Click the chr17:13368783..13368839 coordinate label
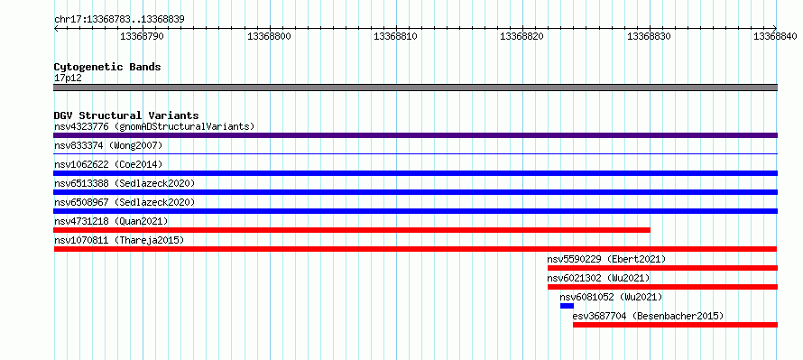(119, 20)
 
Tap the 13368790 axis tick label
(142, 36)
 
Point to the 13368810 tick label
(395, 36)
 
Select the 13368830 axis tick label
(649, 36)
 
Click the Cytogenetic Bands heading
(107, 67)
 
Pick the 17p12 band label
(68, 78)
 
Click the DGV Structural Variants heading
(126, 115)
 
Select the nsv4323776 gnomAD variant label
(154, 126)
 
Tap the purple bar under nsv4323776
(415, 135)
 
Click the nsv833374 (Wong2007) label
(108, 146)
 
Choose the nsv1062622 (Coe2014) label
(108, 164)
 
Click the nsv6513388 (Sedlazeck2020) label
(125, 183)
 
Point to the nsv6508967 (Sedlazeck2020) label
(125, 202)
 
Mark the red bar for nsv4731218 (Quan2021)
(352, 230)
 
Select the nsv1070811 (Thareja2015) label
(119, 240)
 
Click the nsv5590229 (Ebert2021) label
(607, 259)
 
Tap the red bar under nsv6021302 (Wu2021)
(662, 287)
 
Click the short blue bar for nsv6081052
(567, 306)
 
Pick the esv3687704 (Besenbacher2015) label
(649, 316)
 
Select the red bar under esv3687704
(676, 325)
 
